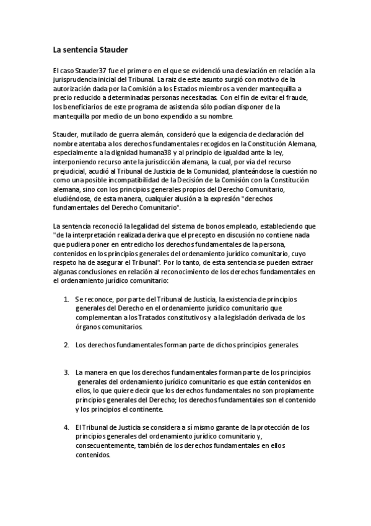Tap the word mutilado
pos(95,134)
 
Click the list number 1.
pos(66,300)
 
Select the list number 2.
pos(66,344)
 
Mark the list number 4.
pos(66,427)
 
